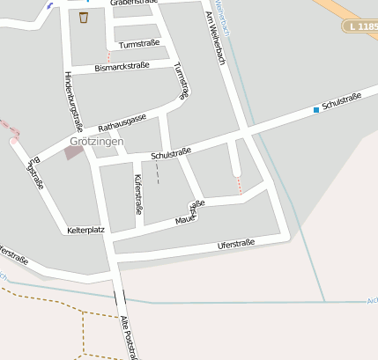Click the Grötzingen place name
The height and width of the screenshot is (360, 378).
click(x=97, y=141)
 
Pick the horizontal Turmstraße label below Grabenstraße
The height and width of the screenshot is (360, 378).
click(x=139, y=42)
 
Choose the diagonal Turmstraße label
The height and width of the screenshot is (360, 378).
click(x=182, y=79)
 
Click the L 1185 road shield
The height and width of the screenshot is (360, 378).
click(x=360, y=28)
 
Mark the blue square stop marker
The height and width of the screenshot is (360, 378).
click(x=315, y=110)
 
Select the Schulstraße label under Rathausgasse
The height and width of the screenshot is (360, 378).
click(x=171, y=155)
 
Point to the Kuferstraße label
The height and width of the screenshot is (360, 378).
click(x=137, y=194)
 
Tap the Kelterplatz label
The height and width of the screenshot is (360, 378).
click(x=85, y=231)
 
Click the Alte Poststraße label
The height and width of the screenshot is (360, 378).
click(x=130, y=337)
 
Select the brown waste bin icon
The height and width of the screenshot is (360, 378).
click(x=84, y=17)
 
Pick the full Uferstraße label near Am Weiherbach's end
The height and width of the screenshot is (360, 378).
click(x=235, y=244)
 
